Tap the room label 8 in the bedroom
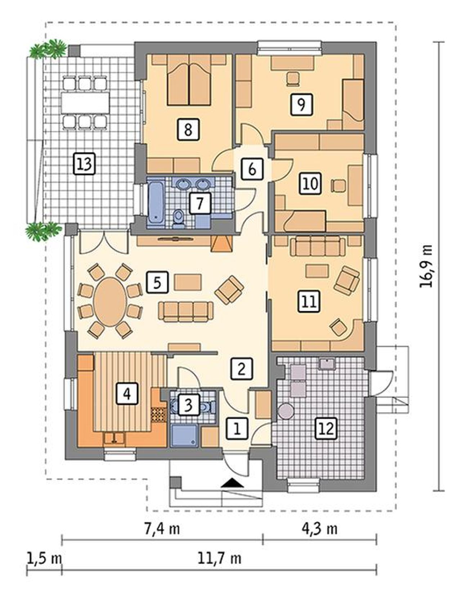pyautogui.click(x=188, y=129)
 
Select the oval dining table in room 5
pyautogui.click(x=110, y=300)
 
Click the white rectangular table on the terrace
pyautogui.click(x=85, y=103)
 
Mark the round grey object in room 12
pyautogui.click(x=286, y=411)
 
